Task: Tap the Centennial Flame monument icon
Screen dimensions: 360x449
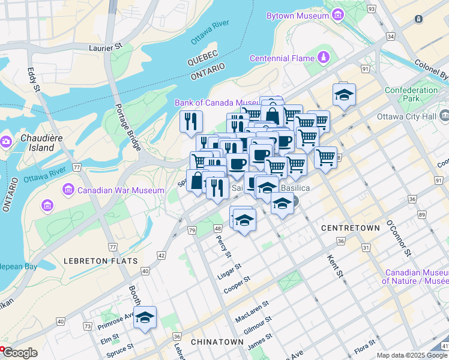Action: click(324, 58)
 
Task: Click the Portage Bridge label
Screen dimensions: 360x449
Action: click(128, 128)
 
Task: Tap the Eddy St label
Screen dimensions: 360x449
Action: click(32, 80)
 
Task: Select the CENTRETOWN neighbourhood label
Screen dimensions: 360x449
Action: click(351, 228)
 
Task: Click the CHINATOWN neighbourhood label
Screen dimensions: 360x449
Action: click(217, 341)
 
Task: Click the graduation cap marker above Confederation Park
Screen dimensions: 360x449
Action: click(344, 95)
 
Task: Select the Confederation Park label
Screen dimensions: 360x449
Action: click(411, 94)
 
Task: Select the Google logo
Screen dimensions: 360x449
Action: click(19, 353)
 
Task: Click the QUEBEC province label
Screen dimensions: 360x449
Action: click(201, 62)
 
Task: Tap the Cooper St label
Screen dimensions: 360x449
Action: click(237, 285)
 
